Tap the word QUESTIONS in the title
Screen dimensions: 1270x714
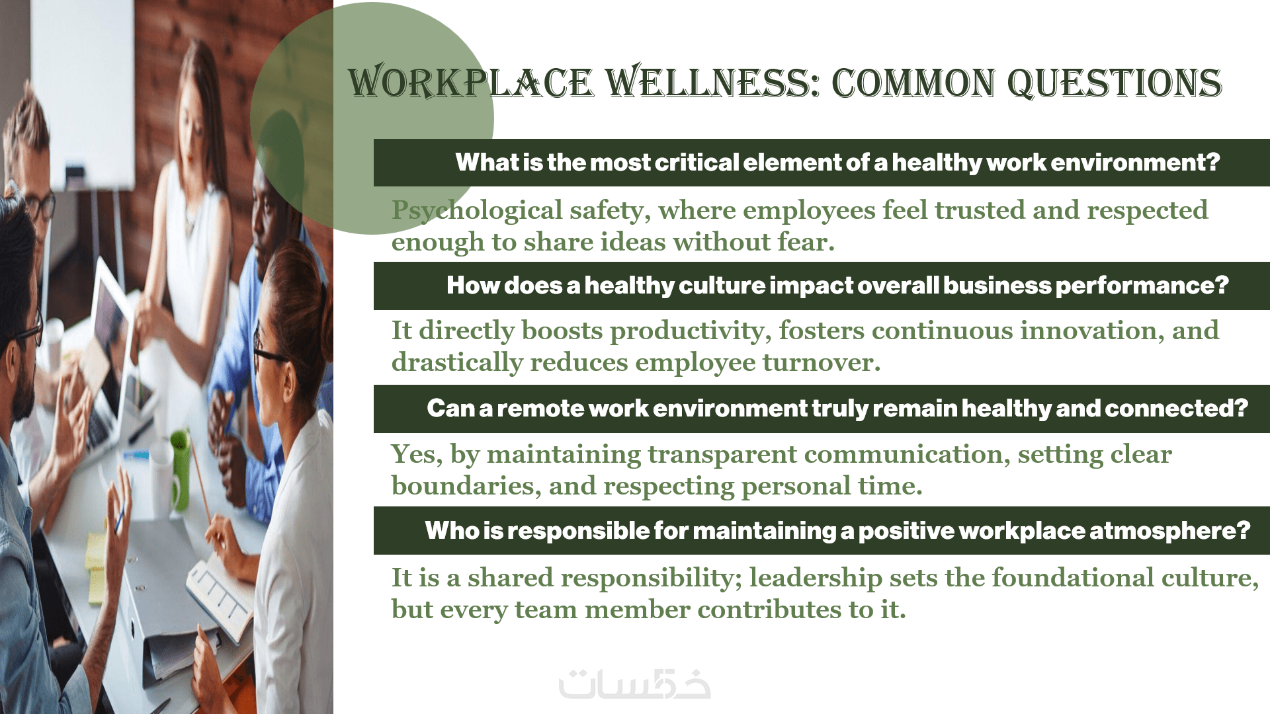pyautogui.click(x=1114, y=84)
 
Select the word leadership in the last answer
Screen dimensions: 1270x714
pyautogui.click(x=816, y=578)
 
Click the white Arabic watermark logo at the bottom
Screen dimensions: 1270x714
pyautogui.click(x=635, y=684)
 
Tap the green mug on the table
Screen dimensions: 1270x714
pyautogui.click(x=180, y=469)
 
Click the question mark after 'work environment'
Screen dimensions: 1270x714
pyautogui.click(x=1212, y=163)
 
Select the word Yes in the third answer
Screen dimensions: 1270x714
pyautogui.click(x=417, y=454)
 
